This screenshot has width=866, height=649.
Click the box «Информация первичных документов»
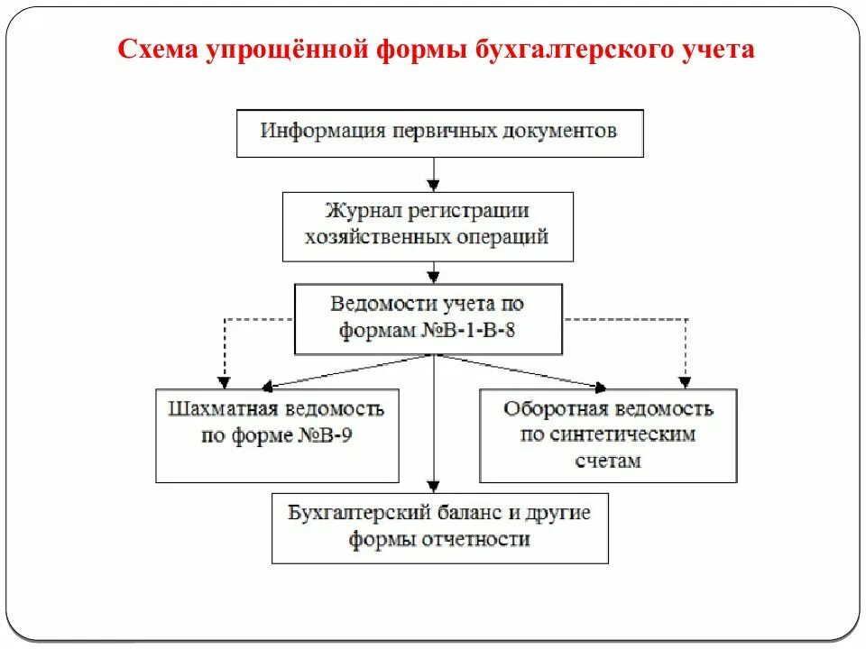click(439, 133)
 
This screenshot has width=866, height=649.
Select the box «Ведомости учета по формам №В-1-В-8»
click(428, 318)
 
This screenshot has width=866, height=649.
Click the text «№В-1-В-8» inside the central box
click(468, 330)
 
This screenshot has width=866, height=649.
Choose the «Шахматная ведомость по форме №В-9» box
click(277, 435)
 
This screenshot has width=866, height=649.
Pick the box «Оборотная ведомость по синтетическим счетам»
click(608, 435)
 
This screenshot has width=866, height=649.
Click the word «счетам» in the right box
click(609, 460)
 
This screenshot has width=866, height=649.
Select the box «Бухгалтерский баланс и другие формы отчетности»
click(439, 527)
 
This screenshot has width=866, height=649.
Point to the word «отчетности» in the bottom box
click(479, 540)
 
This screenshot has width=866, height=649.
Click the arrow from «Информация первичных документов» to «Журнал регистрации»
click(435, 174)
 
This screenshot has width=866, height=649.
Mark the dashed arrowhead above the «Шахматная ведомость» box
click(224, 381)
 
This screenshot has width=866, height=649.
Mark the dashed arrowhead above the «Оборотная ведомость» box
click(686, 381)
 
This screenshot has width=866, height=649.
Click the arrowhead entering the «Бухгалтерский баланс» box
click(435, 486)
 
